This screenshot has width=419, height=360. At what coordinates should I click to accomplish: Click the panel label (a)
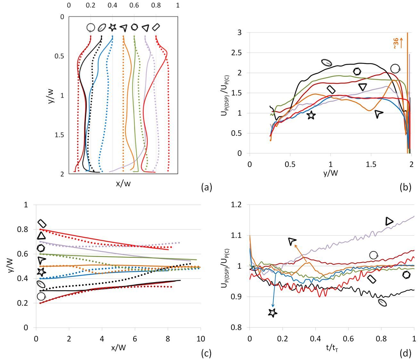click(206, 187)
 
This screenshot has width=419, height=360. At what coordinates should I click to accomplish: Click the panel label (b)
click(405, 187)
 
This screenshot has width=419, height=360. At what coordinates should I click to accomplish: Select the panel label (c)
click(206, 353)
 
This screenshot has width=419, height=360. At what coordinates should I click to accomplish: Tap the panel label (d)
click(405, 353)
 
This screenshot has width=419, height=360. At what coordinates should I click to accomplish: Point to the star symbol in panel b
click(311, 115)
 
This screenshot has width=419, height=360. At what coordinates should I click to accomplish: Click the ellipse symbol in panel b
click(326, 63)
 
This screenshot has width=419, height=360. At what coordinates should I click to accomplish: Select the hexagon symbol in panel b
click(357, 71)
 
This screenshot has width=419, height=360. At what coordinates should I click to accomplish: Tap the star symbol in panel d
click(272, 313)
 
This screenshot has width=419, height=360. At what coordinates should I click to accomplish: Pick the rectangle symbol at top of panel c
click(42, 223)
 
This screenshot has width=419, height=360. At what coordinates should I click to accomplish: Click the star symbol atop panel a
click(112, 28)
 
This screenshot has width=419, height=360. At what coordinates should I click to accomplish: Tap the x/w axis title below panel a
click(123, 184)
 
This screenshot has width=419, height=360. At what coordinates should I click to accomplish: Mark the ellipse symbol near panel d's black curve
click(382, 302)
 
